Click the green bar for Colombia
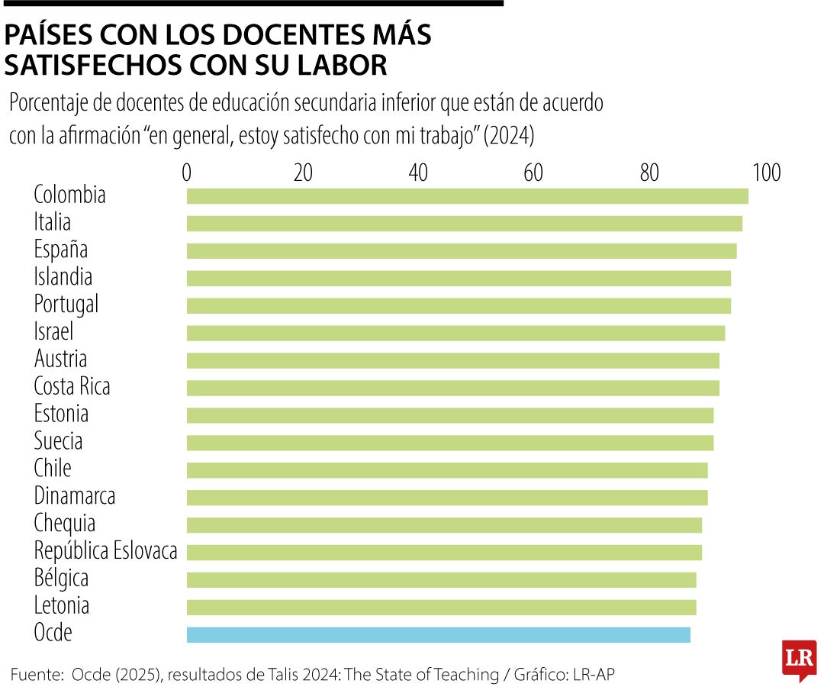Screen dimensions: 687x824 click(x=467, y=196)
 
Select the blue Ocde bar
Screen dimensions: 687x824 click(x=438, y=634)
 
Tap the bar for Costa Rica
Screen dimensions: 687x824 click(x=452, y=388)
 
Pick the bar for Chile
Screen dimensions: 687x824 click(x=447, y=469)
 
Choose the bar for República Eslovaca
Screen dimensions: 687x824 click(x=444, y=552)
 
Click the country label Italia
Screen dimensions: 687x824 click(x=52, y=222)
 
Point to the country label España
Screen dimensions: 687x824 click(x=60, y=250)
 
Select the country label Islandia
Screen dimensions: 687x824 click(x=63, y=276)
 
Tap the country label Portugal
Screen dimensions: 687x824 click(x=66, y=305)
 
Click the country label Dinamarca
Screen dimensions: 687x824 click(x=74, y=496)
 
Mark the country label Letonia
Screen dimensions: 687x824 click(x=61, y=605)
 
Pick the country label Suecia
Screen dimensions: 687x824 click(x=58, y=441)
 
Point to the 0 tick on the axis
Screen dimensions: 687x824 click(x=187, y=173)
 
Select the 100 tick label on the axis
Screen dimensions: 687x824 click(x=766, y=173)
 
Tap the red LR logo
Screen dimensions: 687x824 click(x=799, y=659)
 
